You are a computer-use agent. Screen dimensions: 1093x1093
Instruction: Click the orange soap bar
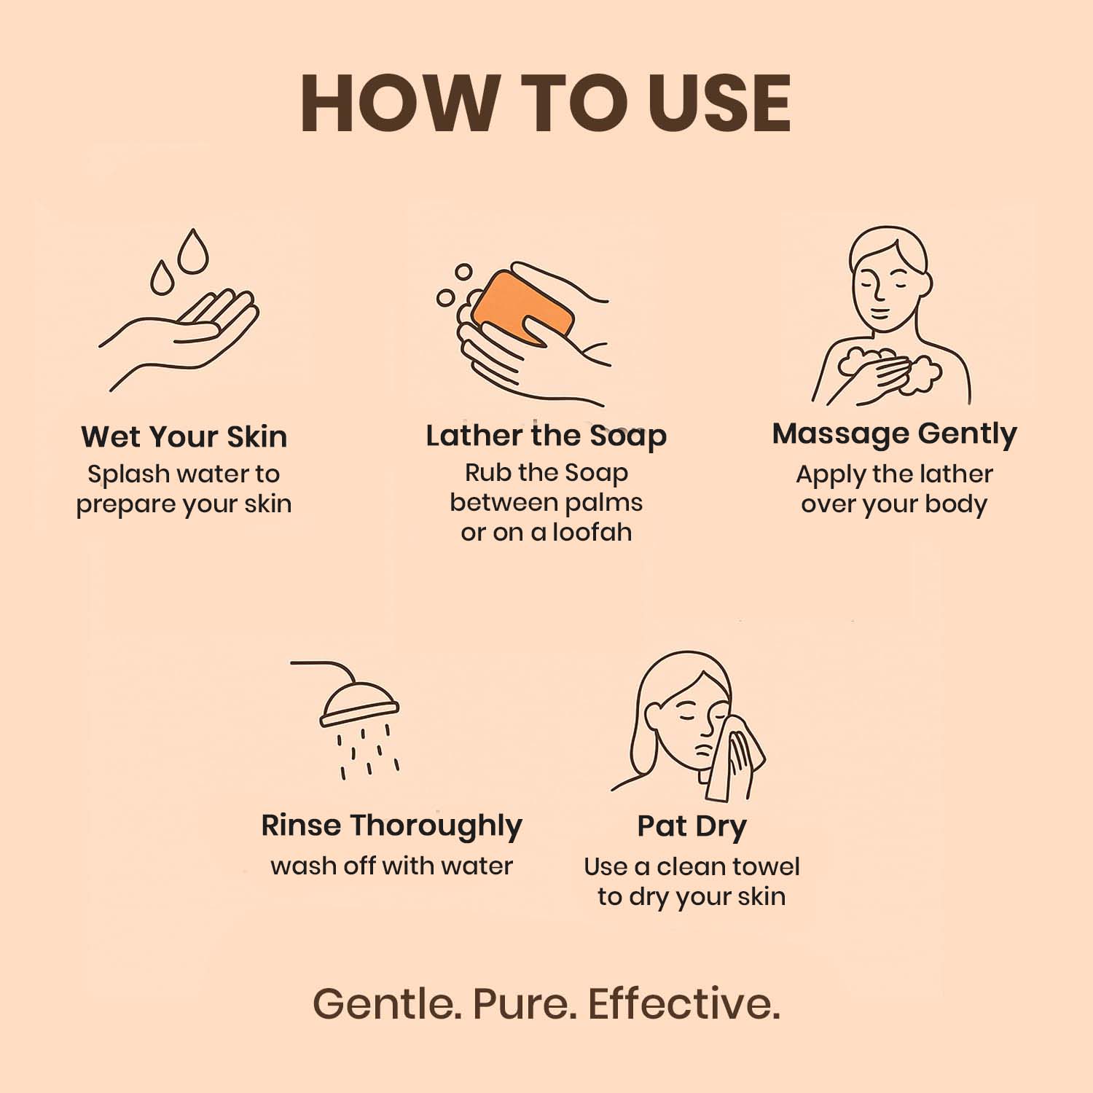[x=522, y=307]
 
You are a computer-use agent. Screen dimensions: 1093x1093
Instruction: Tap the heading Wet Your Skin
[x=184, y=436]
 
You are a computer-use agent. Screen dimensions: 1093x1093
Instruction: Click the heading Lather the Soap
[x=546, y=436]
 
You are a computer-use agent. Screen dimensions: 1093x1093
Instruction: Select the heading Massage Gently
[x=894, y=434]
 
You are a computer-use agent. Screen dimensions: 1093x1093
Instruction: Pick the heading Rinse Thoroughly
[x=392, y=826]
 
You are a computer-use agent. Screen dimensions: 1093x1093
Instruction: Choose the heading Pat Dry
[x=692, y=827]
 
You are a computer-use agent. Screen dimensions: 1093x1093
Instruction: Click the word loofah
[x=592, y=532]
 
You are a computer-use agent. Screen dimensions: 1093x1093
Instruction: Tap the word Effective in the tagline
[x=684, y=1003]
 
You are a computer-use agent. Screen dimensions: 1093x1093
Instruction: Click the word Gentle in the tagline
[x=387, y=1003]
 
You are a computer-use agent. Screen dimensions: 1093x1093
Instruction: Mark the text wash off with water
[x=392, y=866]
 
